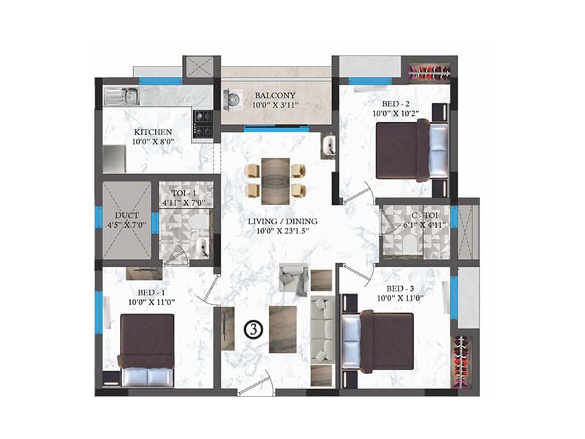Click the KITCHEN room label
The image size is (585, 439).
(x=153, y=132)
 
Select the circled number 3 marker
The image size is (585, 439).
(x=251, y=329)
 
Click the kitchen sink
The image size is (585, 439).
(x=123, y=95)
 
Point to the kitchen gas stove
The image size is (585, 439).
(x=203, y=124)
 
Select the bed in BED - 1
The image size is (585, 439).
(x=146, y=350)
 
